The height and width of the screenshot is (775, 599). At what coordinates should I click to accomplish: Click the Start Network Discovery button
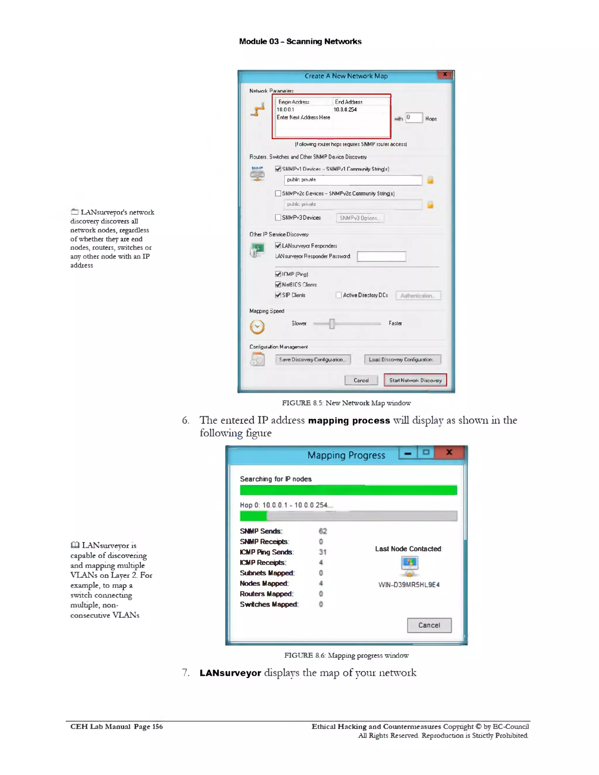[415, 380]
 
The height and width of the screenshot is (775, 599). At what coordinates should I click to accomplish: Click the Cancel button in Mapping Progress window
[429, 625]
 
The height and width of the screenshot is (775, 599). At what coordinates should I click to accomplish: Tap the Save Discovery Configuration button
[313, 359]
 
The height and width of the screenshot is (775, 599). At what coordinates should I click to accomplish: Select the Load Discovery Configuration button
[402, 359]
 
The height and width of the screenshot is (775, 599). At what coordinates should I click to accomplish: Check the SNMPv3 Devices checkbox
[278, 218]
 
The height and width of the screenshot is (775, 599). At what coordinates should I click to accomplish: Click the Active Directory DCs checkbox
[338, 295]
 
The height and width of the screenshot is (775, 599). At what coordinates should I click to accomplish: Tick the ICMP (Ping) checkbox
[278, 274]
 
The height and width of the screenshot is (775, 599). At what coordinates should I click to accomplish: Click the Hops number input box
[414, 118]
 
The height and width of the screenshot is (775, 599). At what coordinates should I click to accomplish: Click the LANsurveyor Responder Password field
[381, 256]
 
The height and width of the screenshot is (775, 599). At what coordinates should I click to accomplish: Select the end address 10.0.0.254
[345, 110]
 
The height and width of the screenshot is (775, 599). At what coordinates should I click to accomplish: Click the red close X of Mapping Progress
[449, 452]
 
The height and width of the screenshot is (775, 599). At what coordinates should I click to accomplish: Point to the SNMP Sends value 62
[323, 531]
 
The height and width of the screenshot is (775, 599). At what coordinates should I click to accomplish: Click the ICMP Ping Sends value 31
[323, 552]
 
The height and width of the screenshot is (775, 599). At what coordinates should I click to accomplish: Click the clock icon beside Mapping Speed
[257, 326]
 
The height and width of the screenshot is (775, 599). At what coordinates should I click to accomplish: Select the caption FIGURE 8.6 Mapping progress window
[346, 655]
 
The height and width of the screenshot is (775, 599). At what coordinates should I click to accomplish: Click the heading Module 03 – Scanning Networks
[300, 42]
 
